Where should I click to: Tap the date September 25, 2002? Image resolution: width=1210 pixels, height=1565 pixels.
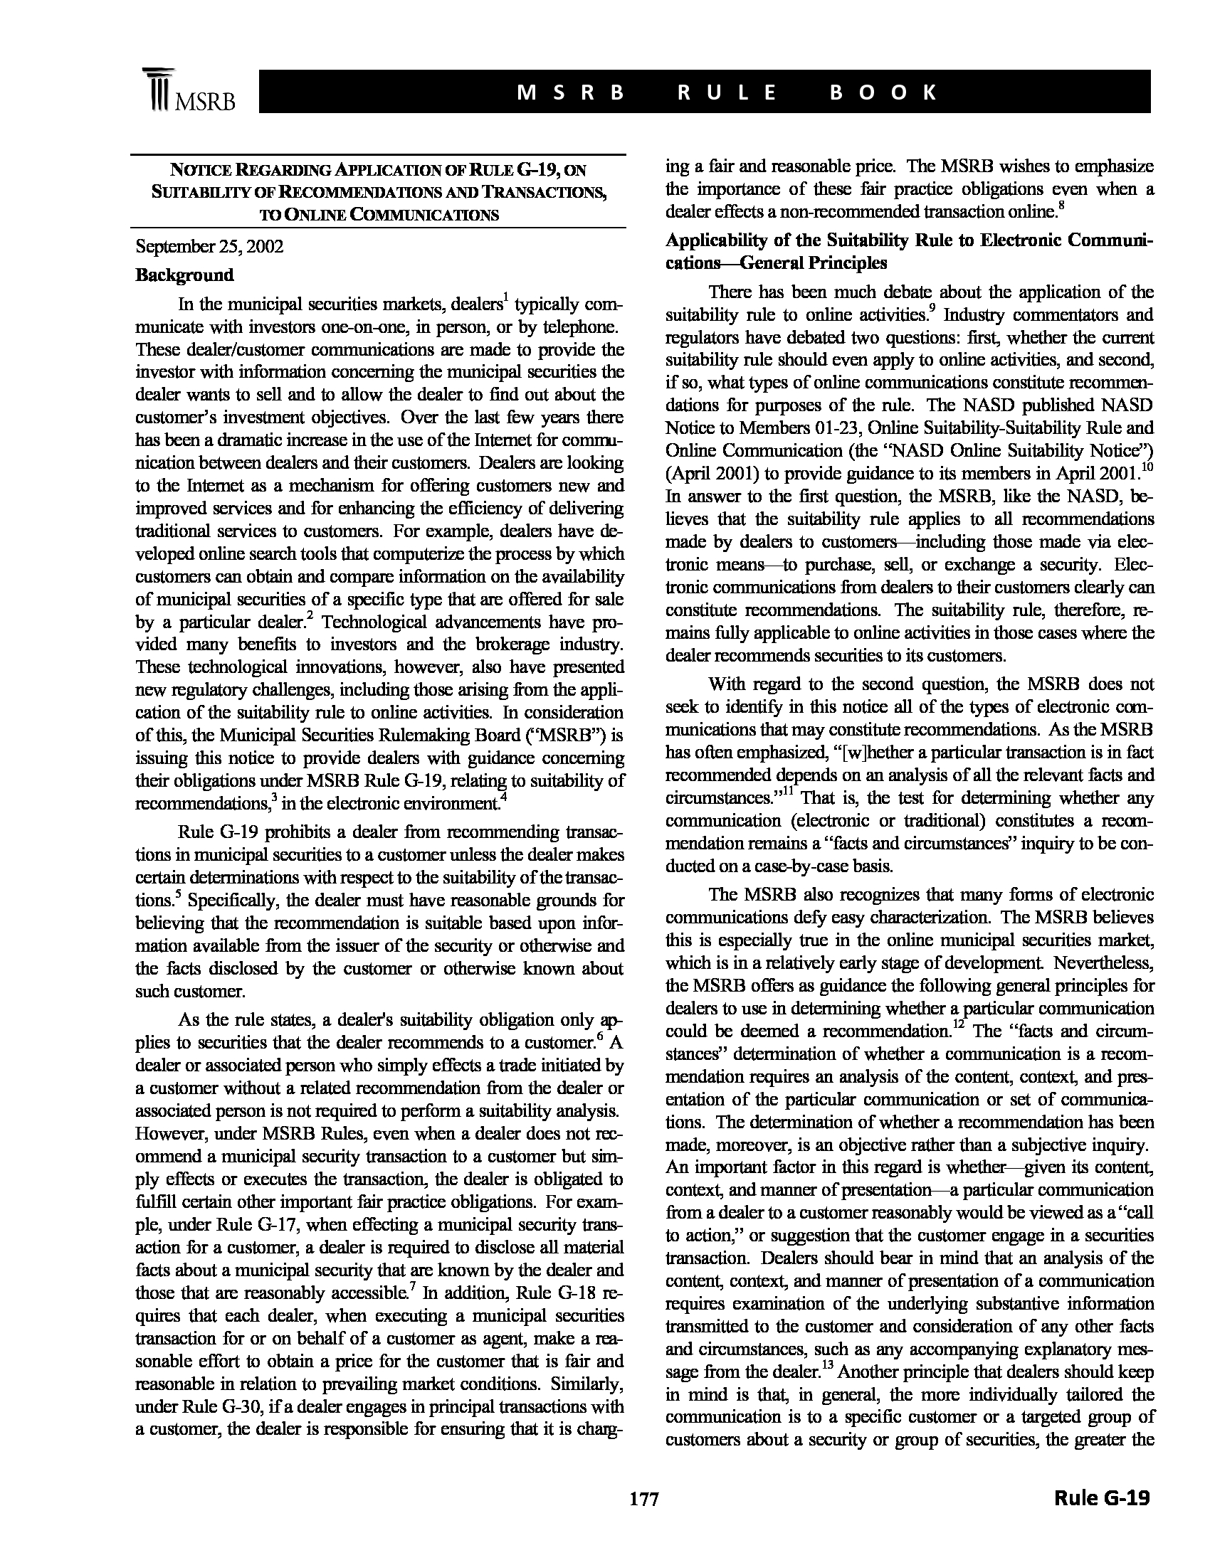tap(209, 248)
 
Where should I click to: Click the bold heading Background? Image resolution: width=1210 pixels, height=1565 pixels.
tap(185, 275)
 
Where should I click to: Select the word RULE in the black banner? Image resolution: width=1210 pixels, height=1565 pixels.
tap(726, 92)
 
